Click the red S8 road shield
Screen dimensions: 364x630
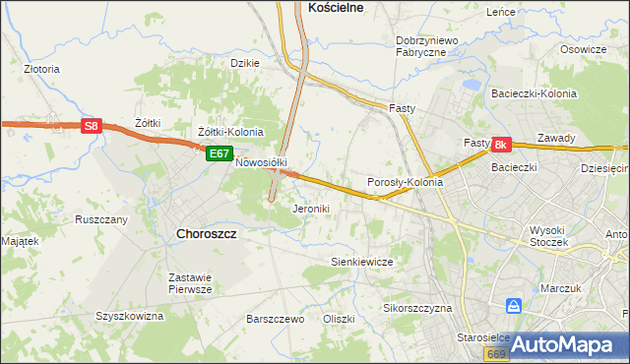click(x=91, y=126)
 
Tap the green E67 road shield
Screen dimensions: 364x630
click(x=219, y=153)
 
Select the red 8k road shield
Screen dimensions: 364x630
click(x=500, y=146)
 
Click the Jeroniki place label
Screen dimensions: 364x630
click(x=311, y=209)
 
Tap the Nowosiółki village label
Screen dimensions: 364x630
click(x=260, y=162)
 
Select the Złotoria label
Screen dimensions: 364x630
click(x=42, y=70)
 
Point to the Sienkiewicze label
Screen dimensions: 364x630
click(x=361, y=262)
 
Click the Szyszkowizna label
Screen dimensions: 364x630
click(x=128, y=316)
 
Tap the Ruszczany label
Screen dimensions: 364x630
click(x=101, y=219)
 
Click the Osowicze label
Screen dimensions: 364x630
click(x=583, y=49)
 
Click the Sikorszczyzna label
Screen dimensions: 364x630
click(x=416, y=308)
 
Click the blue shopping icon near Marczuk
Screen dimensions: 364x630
click(x=513, y=306)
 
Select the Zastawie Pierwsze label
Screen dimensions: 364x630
click(x=191, y=282)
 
